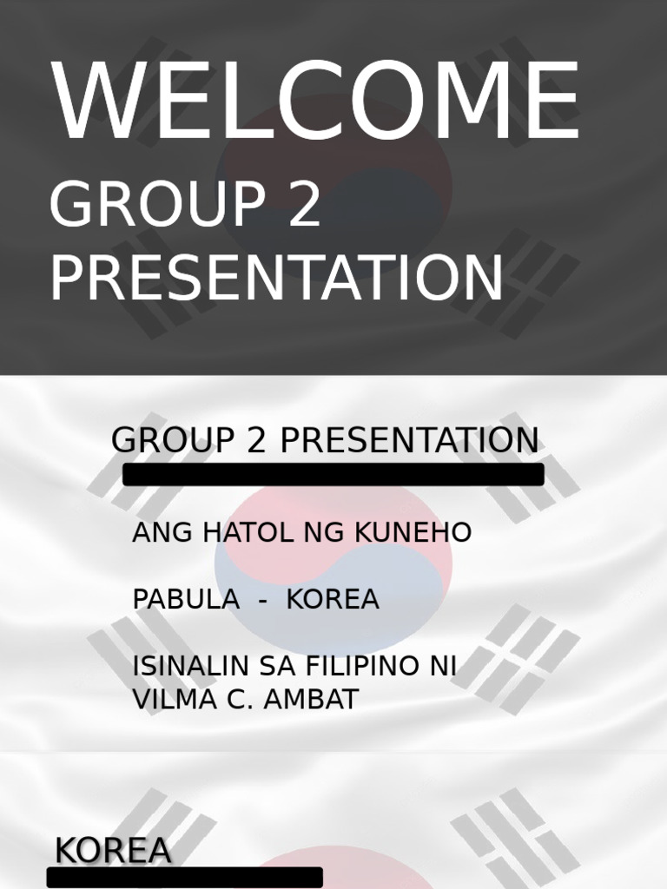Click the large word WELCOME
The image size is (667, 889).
(315, 102)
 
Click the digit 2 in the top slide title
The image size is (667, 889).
(304, 207)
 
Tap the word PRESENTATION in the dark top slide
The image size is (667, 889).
(276, 279)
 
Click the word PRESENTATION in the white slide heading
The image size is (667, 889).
(408, 441)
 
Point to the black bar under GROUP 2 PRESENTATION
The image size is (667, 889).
(333, 475)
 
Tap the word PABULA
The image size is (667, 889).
(185, 600)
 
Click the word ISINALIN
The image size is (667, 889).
(192, 667)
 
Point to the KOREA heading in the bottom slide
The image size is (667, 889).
(113, 852)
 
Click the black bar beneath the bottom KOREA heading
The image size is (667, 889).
(185, 878)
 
